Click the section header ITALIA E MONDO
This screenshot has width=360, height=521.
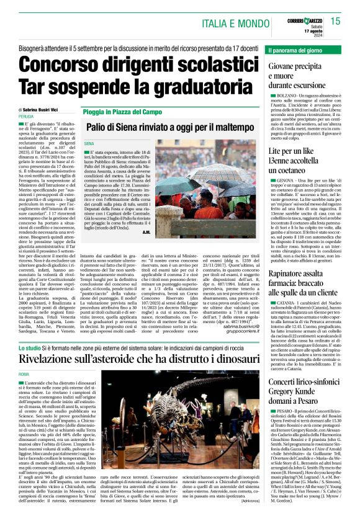[x=239, y=24]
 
